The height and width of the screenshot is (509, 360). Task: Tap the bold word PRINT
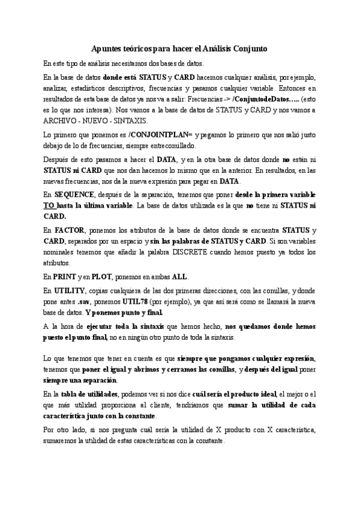pos(64,277)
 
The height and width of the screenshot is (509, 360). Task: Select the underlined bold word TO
pos(49,206)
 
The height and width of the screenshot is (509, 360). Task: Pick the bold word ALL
pos(180,277)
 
